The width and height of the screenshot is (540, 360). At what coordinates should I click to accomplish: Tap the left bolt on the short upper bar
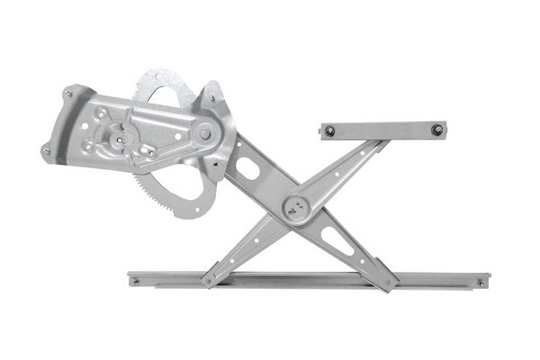click(x=330, y=130)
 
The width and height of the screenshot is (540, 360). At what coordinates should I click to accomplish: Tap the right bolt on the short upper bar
click(x=436, y=130)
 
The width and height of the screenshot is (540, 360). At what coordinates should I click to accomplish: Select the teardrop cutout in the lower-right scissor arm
click(x=337, y=240)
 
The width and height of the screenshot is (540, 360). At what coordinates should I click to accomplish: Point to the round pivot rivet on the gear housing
click(x=205, y=133)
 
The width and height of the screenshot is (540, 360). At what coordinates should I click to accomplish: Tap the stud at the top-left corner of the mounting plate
click(x=68, y=93)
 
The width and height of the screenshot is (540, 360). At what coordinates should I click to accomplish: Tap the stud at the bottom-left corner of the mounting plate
click(x=45, y=151)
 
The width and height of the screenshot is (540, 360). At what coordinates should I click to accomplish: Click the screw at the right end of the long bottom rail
click(x=480, y=283)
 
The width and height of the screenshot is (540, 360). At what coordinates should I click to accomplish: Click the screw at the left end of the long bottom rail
click(x=136, y=281)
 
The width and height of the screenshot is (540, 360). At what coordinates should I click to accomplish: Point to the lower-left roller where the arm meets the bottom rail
click(x=209, y=280)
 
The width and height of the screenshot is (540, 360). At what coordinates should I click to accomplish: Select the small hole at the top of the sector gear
click(x=160, y=80)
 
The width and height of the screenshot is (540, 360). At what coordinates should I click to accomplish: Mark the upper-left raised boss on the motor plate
click(x=101, y=114)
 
